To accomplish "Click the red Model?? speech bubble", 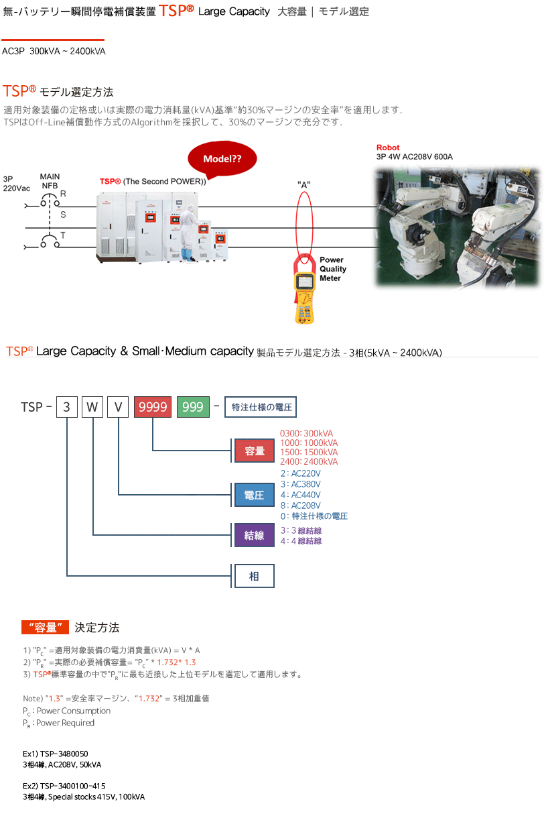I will point(222,159).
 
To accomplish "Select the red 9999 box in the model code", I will point(153,407).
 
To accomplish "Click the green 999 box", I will point(192,407).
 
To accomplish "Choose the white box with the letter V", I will point(118,407).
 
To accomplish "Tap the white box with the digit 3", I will point(66,407).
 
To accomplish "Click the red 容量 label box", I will point(255,451).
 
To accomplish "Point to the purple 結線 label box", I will point(255,536).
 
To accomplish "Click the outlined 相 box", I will point(254,576).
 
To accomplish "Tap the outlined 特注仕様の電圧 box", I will point(259,407).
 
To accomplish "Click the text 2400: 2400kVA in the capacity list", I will point(309,462).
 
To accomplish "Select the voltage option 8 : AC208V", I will point(301,506).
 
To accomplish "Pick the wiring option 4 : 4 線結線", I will point(301,541).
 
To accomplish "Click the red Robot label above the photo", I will point(388,148).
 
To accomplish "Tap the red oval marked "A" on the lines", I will point(304,221).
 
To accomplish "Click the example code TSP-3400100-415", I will point(64,786).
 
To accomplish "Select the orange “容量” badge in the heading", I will point(46,628).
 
